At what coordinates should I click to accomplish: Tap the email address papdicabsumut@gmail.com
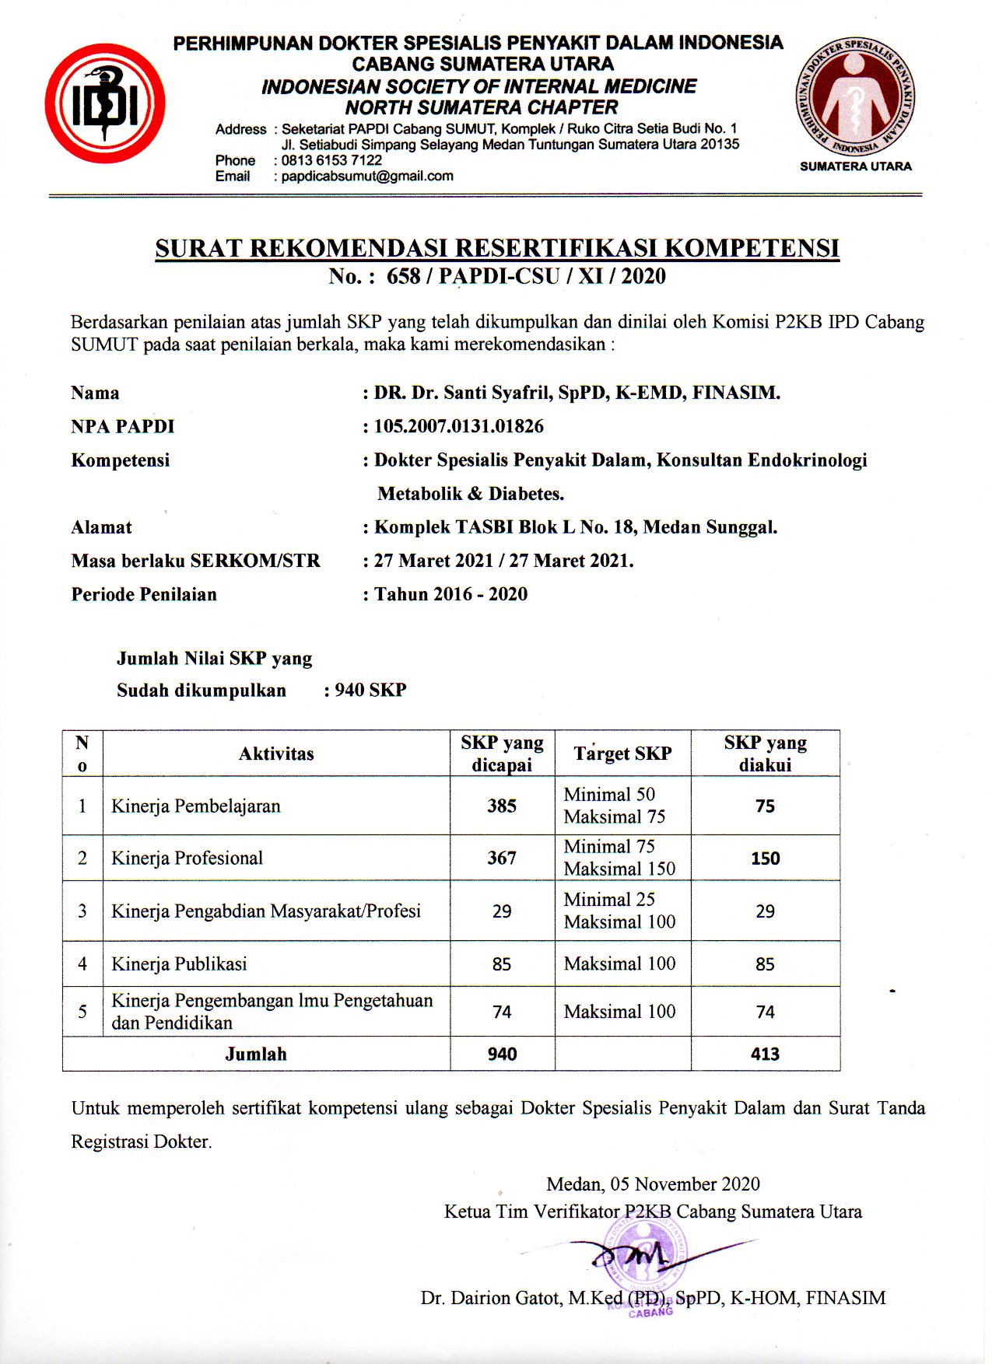pos(367,177)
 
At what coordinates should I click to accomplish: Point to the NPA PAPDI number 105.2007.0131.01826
pos(458,426)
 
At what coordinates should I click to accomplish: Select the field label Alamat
pos(101,527)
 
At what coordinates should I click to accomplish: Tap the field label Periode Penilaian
pos(144,594)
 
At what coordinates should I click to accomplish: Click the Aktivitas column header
pos(276,754)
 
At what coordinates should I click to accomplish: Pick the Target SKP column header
pos(622,754)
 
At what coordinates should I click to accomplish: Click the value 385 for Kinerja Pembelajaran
pos(502,806)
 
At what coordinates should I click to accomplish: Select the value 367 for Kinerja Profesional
pos(502,858)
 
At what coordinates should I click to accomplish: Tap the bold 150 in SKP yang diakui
pos(765,859)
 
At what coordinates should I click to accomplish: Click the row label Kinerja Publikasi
pos(179,964)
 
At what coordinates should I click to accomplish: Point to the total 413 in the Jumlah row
pos(765,1054)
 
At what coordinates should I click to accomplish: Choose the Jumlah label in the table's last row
pos(256,1054)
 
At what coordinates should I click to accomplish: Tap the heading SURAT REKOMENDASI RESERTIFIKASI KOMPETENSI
pos(497,248)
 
